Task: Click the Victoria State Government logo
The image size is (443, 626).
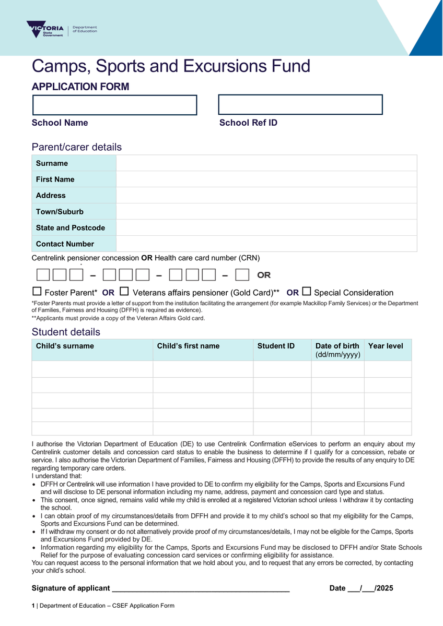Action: click(45, 29)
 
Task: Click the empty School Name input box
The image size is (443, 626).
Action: click(114, 105)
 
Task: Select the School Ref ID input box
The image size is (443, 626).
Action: click(300, 104)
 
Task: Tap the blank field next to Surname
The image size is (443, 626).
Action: click(266, 163)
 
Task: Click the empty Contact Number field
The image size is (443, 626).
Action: click(266, 244)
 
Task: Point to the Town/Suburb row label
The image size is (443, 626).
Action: click(60, 212)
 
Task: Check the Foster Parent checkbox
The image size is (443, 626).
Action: click(37, 292)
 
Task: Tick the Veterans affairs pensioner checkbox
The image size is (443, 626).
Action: click(124, 292)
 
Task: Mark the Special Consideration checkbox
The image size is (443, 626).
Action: click(307, 292)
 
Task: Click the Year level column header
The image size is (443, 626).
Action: click(386, 346)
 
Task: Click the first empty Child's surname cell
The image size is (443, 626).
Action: click(92, 369)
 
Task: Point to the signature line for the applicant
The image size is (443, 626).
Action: click(201, 588)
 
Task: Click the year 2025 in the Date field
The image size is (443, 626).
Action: click(385, 588)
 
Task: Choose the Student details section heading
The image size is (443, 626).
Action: click(66, 332)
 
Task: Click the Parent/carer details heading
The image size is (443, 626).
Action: click(77, 147)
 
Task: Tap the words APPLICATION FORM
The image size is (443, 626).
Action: click(80, 87)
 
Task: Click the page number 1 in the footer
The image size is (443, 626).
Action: click(33, 606)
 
